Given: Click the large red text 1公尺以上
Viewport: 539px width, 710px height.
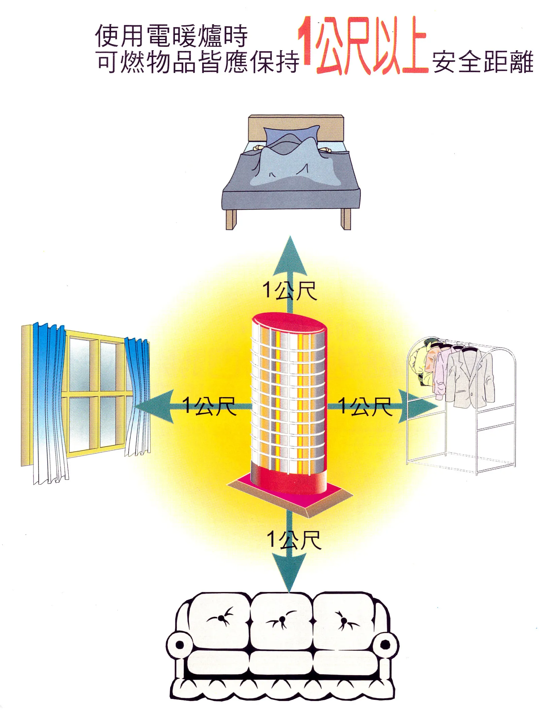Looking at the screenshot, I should [362, 45].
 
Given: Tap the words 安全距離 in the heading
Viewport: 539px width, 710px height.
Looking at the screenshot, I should [482, 62].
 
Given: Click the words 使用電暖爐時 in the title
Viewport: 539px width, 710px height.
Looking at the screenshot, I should [171, 35].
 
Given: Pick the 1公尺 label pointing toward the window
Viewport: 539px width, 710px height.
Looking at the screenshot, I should [209, 406].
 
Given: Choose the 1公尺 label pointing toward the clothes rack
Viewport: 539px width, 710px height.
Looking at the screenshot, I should [364, 406].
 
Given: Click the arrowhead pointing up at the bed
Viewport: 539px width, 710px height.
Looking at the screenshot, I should [290, 256].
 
